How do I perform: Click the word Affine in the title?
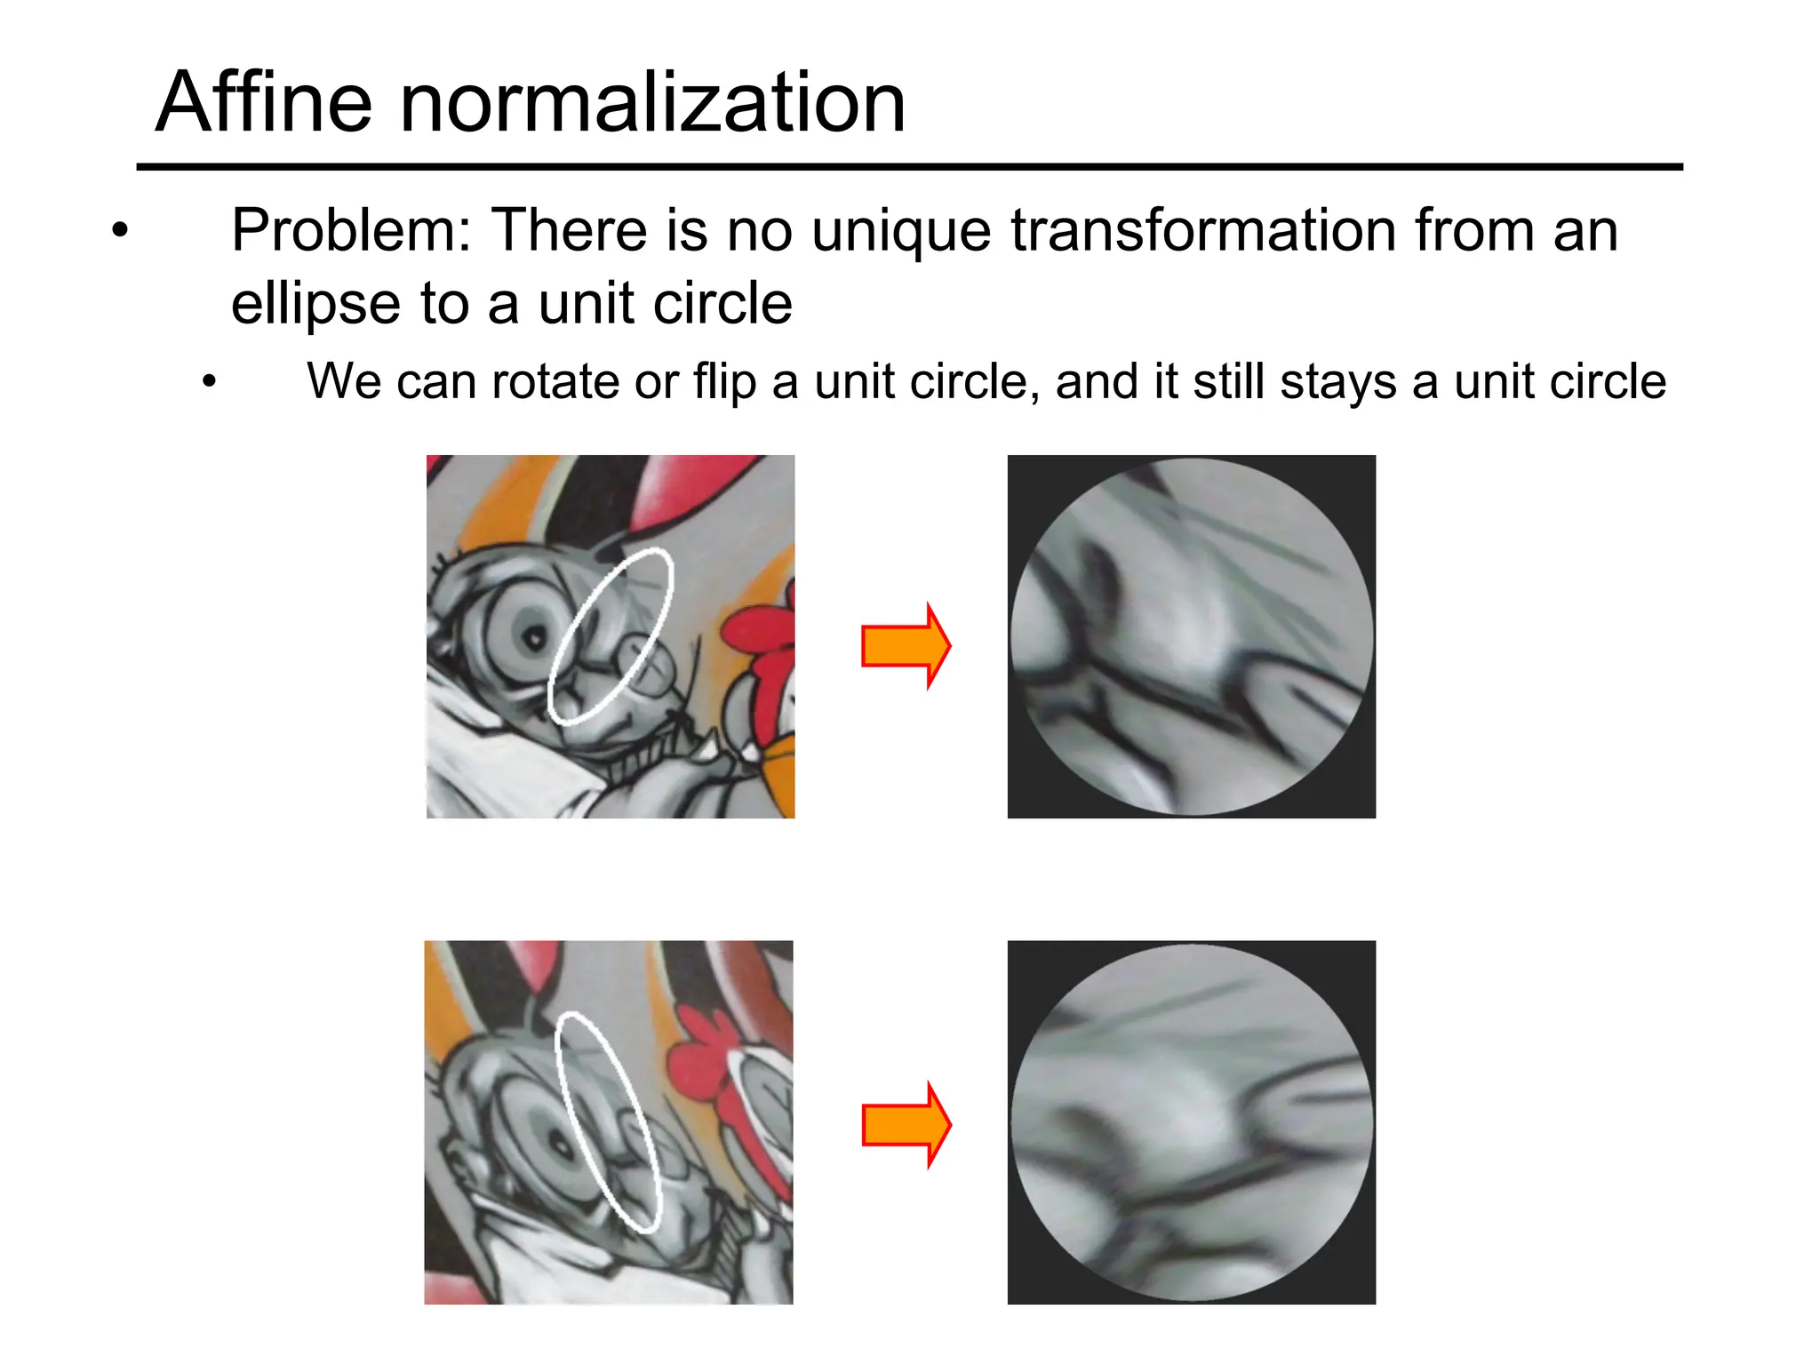[263, 103]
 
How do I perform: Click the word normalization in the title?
[653, 103]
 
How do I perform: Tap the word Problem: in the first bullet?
[351, 231]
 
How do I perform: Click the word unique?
[901, 231]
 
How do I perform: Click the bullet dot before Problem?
[120, 231]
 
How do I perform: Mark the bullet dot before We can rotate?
[209, 383]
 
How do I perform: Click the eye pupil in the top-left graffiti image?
[535, 638]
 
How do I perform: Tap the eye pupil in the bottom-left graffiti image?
[562, 1147]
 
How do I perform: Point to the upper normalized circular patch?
[1192, 636]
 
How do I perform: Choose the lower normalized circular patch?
[1192, 1122]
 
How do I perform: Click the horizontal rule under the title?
[909, 166]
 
